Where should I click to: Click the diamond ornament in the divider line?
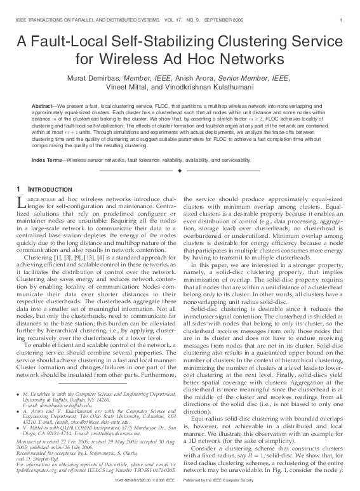(180, 171)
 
